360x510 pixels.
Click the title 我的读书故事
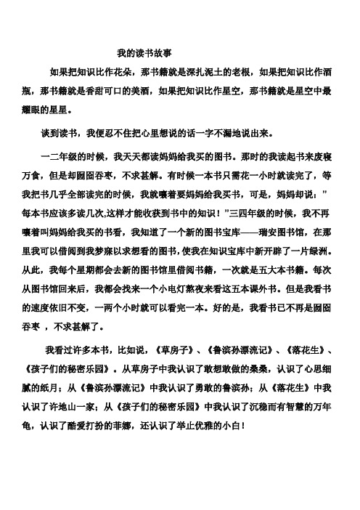144,53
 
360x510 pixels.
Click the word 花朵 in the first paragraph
119,73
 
